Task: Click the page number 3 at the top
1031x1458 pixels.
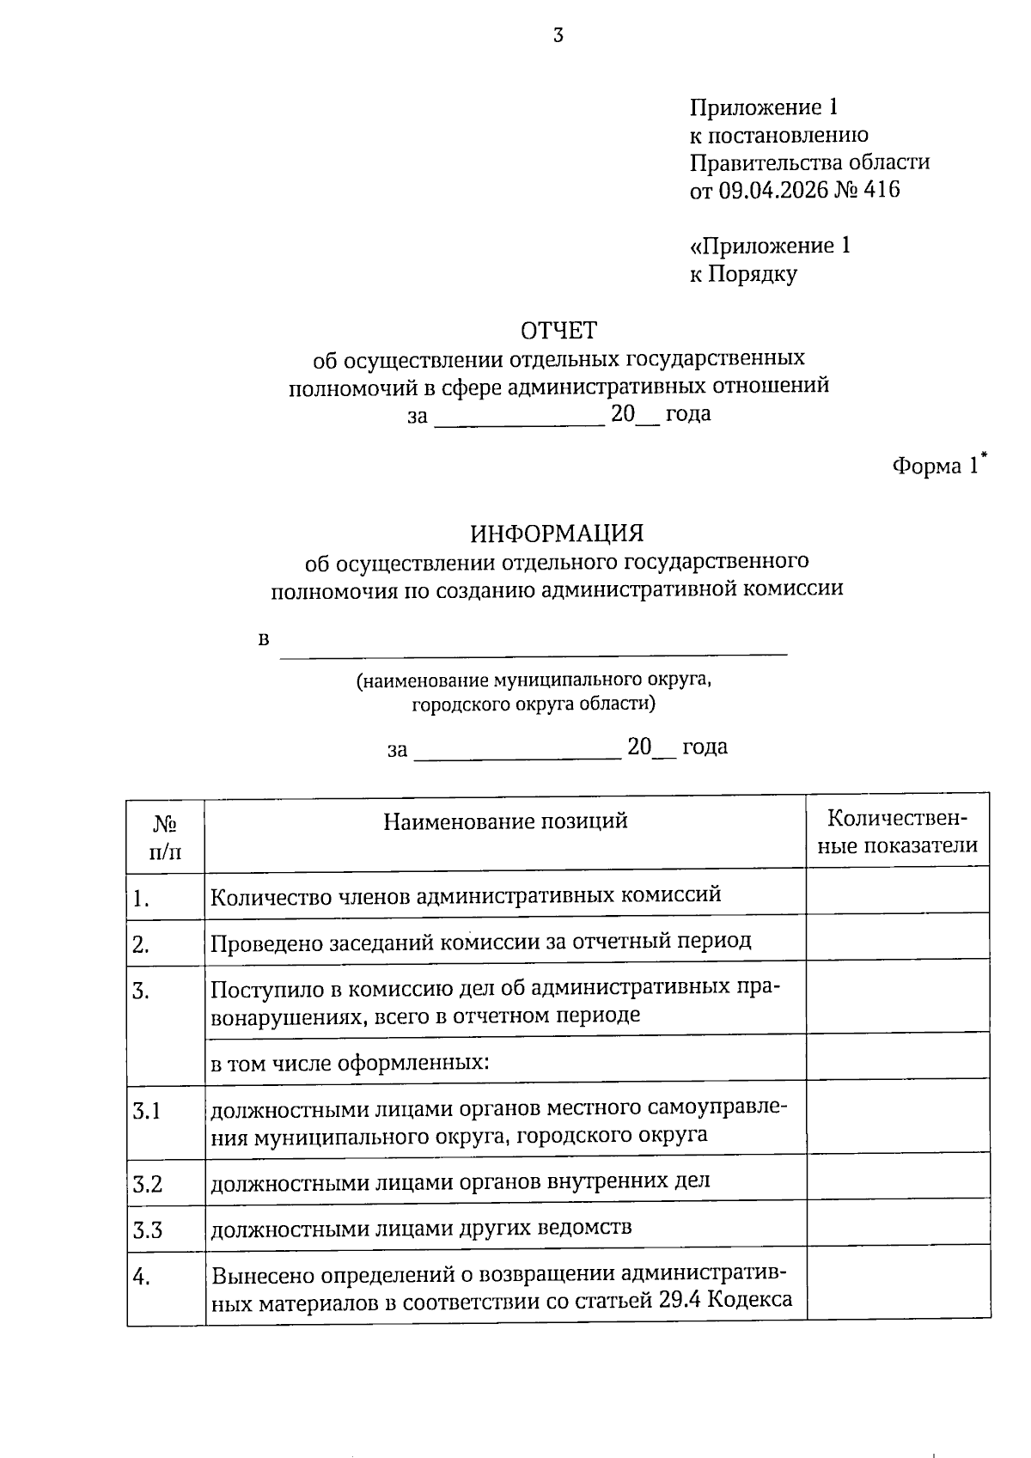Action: pos(558,35)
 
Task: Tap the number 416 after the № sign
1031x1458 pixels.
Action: pos(882,190)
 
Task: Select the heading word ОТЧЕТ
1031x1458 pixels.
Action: pos(558,330)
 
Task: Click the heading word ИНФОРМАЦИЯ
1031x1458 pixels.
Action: pos(557,534)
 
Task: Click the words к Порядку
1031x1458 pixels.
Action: pos(743,274)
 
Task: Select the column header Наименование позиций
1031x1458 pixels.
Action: pos(505,821)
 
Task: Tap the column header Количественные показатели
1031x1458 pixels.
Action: pos(897,832)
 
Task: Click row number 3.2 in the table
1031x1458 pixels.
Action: pos(148,1185)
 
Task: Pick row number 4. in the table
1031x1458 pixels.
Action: pos(142,1278)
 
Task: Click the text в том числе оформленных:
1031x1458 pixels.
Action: pos(350,1064)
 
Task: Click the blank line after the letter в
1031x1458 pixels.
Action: pos(533,646)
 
